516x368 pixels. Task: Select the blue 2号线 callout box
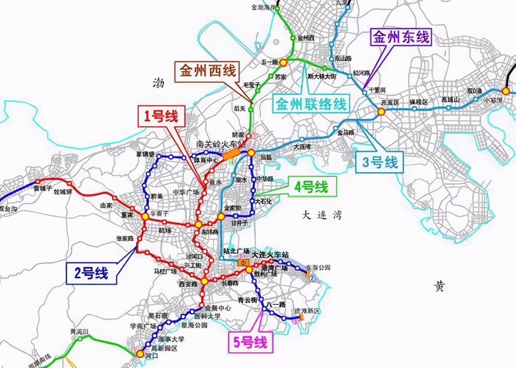pyautogui.click(x=92, y=274)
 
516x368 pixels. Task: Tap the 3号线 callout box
pyautogui.click(x=380, y=162)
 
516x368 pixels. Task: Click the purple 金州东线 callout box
pyautogui.click(x=401, y=38)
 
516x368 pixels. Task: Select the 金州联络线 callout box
pyautogui.click(x=311, y=104)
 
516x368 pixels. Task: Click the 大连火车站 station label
pyautogui.click(x=270, y=255)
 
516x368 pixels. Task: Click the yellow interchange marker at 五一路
pyautogui.click(x=283, y=62)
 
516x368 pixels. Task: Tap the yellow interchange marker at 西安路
pyautogui.click(x=205, y=281)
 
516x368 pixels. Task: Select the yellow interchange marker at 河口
pyautogui.click(x=140, y=354)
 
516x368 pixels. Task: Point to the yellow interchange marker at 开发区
pyautogui.click(x=381, y=112)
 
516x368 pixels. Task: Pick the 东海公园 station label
pyautogui.click(x=318, y=267)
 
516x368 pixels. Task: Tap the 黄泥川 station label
pyautogui.click(x=79, y=331)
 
